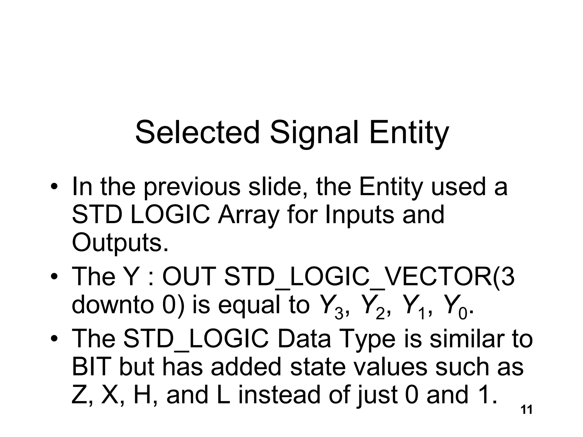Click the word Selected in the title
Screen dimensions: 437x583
click(197, 133)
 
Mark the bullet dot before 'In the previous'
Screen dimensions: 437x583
click(54, 187)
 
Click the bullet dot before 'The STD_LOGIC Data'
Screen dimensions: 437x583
click(54, 339)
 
